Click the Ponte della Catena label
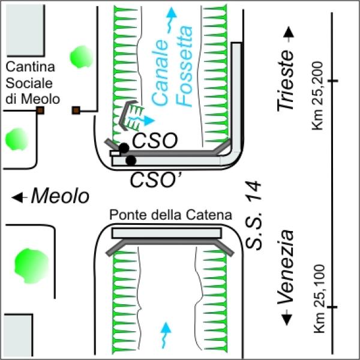[170, 215]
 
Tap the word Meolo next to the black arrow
[60, 196]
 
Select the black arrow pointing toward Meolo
[20, 197]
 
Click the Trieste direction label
[286, 80]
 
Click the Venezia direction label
[286, 267]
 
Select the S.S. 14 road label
[253, 215]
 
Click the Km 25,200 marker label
[317, 96]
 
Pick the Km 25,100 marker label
[319, 299]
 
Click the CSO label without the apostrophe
[155, 140]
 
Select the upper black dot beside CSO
[124, 148]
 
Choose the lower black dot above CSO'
[131, 160]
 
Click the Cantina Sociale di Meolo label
[32, 83]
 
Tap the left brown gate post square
[40, 110]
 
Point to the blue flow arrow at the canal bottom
[166, 335]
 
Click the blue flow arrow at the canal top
[171, 20]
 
